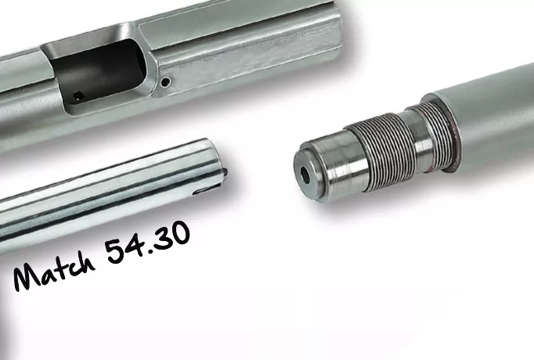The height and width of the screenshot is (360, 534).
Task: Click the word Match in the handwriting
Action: pyautogui.click(x=55, y=271)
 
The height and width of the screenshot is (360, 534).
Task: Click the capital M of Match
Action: pyautogui.click(x=27, y=277)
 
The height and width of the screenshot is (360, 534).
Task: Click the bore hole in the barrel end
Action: pyautogui.click(x=305, y=175)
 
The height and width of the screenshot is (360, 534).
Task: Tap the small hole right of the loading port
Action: pyautogui.click(x=166, y=81)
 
